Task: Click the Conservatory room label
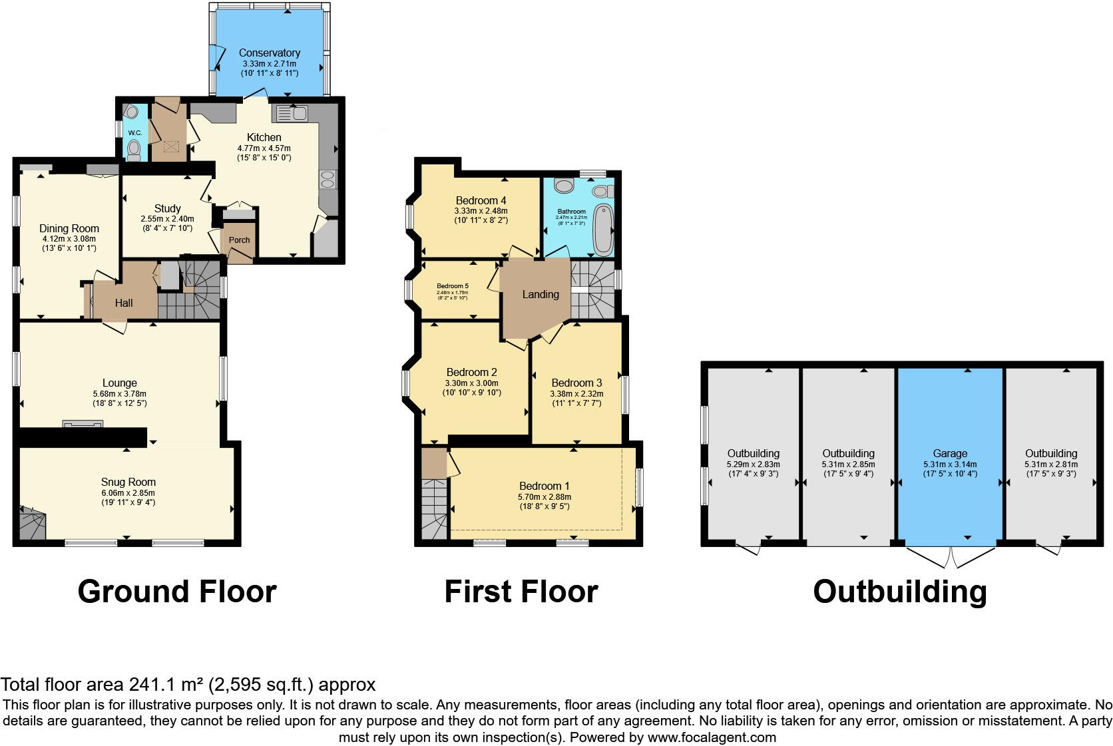coord(270,53)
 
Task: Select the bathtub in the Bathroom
coord(603,230)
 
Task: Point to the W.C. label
coord(135,132)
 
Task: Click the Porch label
coord(240,240)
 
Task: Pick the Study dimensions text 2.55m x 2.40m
coord(168,219)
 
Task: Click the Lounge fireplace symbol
coord(83,424)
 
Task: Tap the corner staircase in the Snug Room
coord(31,524)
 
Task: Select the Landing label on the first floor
coord(541,294)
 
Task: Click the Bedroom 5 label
coord(453,285)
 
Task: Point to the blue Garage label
coord(950,453)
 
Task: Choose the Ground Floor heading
coord(177,592)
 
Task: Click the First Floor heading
coord(521,592)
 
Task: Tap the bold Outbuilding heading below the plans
coord(899,592)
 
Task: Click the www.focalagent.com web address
coord(711,737)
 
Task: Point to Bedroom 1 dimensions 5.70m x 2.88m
coord(545,496)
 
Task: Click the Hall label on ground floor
coord(124,303)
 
